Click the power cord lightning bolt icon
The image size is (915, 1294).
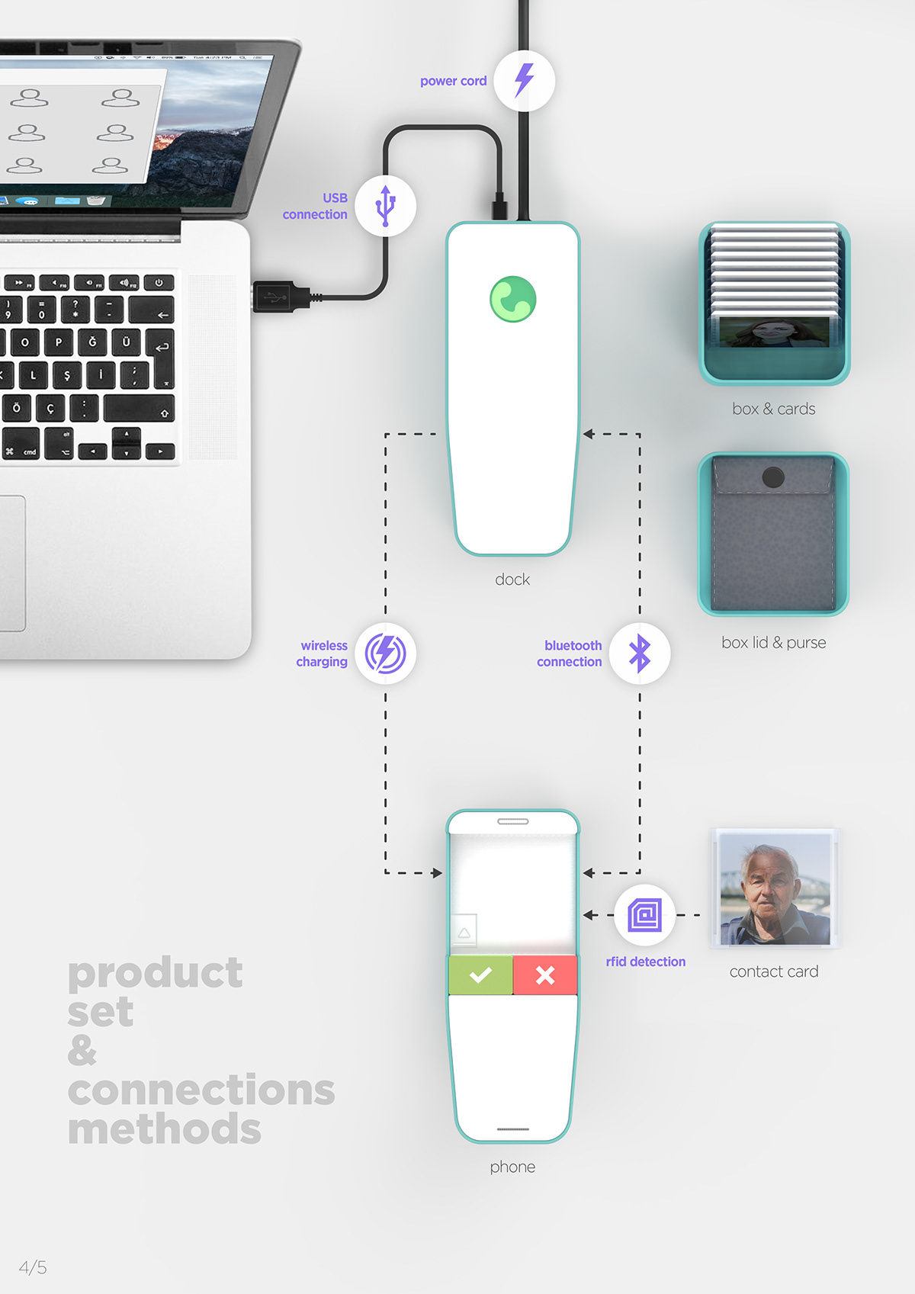(x=524, y=80)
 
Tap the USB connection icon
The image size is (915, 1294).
(x=386, y=205)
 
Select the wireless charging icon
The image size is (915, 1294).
(x=386, y=653)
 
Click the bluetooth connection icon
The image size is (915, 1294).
(x=640, y=653)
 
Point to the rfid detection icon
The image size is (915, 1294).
(x=644, y=914)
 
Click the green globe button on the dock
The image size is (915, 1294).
(x=512, y=299)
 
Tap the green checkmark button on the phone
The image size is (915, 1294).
(x=480, y=975)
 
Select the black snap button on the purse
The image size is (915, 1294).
(x=773, y=477)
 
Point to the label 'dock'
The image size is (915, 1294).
(x=512, y=580)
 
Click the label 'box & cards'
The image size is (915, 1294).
(x=773, y=409)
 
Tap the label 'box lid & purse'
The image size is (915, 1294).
(x=773, y=643)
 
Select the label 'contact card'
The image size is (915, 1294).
(x=773, y=971)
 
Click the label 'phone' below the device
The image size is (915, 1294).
(x=512, y=1167)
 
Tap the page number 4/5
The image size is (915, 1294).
(x=33, y=1267)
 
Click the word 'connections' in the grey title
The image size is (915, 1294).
(x=201, y=1090)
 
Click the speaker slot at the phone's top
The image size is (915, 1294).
(x=512, y=821)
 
